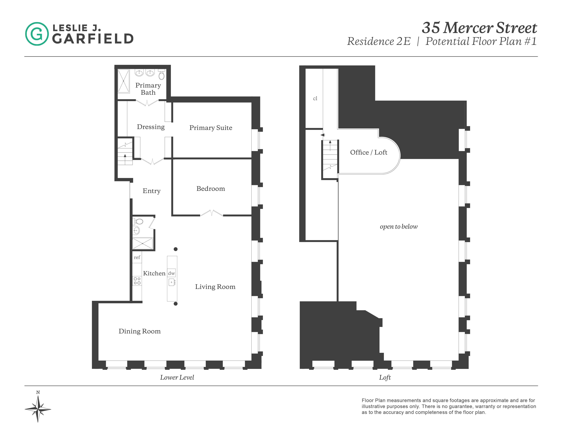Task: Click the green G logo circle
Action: (x=37, y=34)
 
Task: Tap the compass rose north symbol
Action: (x=38, y=409)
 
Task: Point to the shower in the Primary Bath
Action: (x=123, y=81)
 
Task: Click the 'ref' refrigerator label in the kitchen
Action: (x=137, y=257)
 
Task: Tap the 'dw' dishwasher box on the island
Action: (x=171, y=273)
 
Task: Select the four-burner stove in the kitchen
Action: (x=137, y=281)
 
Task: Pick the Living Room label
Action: (x=215, y=287)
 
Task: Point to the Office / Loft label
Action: (x=368, y=152)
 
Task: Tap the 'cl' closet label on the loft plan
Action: (x=315, y=98)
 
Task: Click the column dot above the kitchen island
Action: (x=176, y=249)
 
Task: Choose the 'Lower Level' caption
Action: (x=177, y=377)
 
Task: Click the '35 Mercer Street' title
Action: (x=479, y=28)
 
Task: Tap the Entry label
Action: (x=152, y=191)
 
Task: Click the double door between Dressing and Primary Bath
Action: (x=147, y=103)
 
